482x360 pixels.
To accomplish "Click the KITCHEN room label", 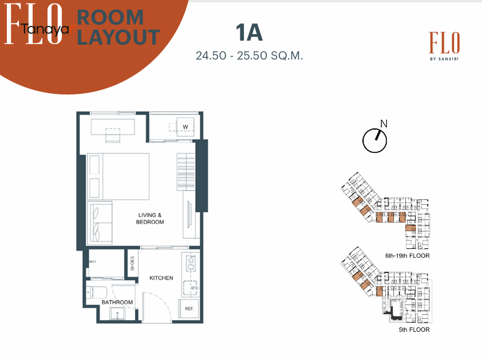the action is [161, 278].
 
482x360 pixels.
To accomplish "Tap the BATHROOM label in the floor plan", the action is [117, 302].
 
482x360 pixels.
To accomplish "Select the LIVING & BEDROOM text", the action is [150, 219].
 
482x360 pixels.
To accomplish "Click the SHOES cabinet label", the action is [132, 263].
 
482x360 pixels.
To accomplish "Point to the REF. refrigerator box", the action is [189, 309].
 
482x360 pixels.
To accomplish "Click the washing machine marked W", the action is [185, 126].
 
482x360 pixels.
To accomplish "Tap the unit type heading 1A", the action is [249, 33].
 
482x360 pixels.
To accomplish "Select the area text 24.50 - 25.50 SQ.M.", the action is [249, 56].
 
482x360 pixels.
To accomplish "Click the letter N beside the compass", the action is [384, 124].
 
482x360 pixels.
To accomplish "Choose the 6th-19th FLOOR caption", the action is [408, 255].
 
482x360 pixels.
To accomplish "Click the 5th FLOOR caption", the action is [414, 330].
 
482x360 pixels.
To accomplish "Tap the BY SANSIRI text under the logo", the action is [444, 59].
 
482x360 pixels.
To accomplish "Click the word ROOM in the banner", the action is [110, 17].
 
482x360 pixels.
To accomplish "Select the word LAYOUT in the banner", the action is [118, 37].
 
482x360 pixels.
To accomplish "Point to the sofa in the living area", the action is [100, 223].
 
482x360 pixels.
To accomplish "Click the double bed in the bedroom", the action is [118, 176].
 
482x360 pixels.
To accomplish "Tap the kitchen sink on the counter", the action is [190, 288].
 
